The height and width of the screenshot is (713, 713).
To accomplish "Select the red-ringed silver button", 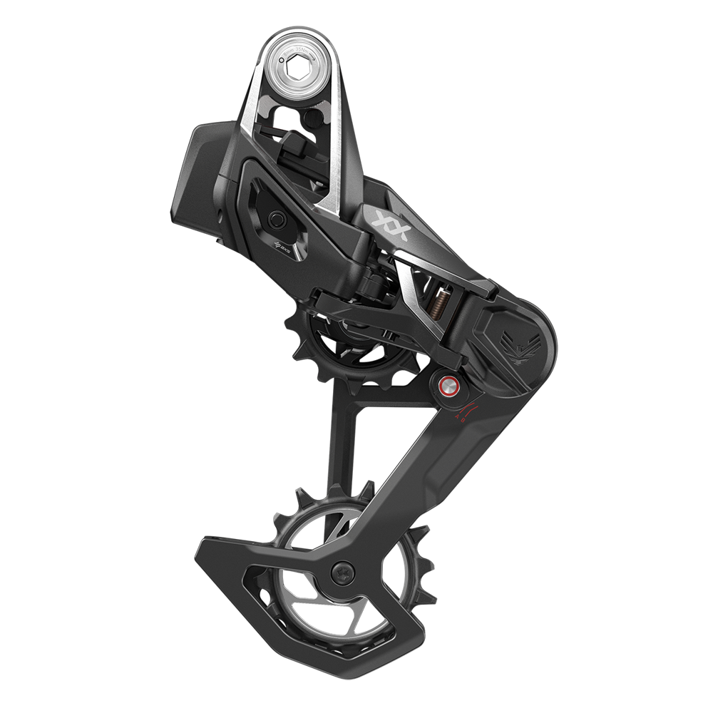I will coord(448,387).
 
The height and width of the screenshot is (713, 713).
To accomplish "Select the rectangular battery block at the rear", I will coord(203,171).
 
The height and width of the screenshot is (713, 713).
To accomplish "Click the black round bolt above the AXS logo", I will coord(276,217).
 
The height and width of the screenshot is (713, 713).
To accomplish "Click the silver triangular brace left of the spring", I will coord(411,289).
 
